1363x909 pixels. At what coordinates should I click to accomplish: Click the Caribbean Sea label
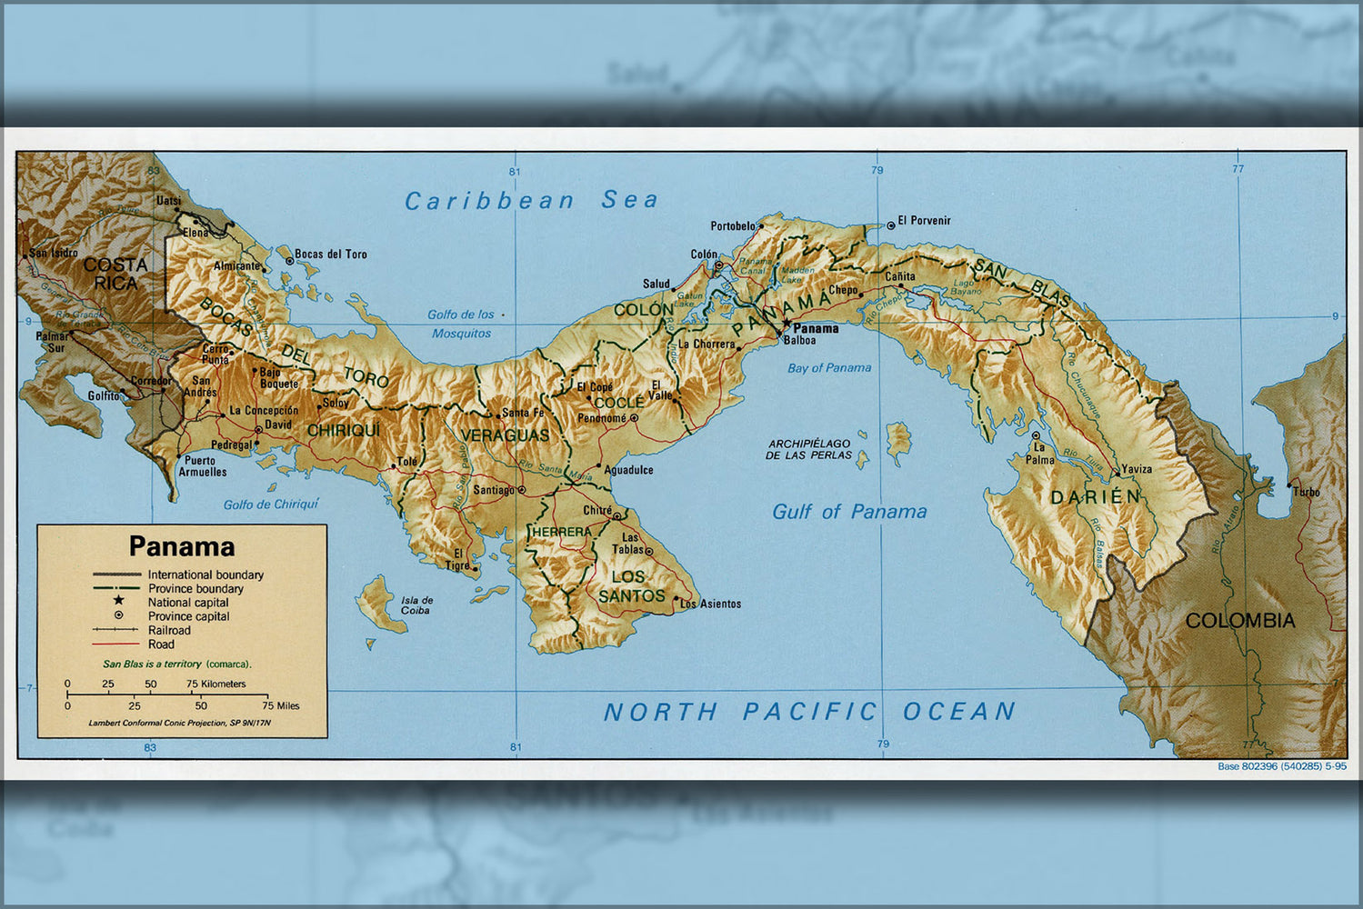coord(531,201)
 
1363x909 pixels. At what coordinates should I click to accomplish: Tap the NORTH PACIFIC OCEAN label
coord(809,712)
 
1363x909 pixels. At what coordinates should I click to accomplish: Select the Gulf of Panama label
coord(849,512)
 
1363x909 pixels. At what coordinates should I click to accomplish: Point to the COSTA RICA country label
coord(115,274)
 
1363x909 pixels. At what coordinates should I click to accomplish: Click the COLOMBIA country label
coord(1240,621)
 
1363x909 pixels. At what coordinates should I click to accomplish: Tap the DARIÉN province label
coord(1095,497)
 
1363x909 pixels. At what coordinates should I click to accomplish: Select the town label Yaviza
coord(1136,469)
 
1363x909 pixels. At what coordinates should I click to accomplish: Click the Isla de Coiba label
coord(417,604)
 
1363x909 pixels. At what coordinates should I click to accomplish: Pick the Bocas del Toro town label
coord(331,255)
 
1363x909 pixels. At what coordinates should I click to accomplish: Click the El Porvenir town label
coord(924,221)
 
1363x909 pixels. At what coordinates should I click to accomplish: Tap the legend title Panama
coord(182,546)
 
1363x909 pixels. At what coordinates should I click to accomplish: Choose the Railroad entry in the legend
coord(169,630)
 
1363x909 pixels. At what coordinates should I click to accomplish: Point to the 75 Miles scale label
coord(281,705)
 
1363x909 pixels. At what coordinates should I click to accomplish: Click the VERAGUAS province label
coord(505,435)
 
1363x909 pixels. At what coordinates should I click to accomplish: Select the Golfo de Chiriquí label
coord(271,504)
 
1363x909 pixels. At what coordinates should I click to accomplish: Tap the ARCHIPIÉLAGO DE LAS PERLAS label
coord(808,449)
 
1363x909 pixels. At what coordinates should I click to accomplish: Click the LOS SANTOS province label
coord(631,586)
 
